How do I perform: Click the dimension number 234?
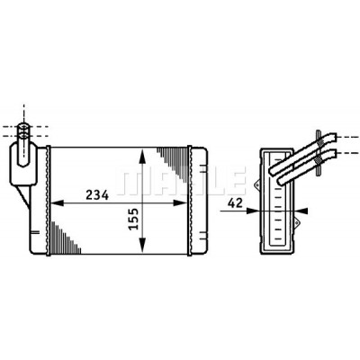tap(97, 195)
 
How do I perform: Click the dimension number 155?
tap(134, 219)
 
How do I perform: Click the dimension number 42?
tap(235, 203)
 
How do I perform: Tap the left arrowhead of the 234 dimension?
tap(58, 203)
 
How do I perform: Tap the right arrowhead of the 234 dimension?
tap(181, 203)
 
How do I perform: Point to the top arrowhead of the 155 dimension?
tap(142, 155)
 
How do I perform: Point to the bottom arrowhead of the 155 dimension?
tap(142, 245)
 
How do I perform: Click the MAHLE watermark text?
tap(181, 181)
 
